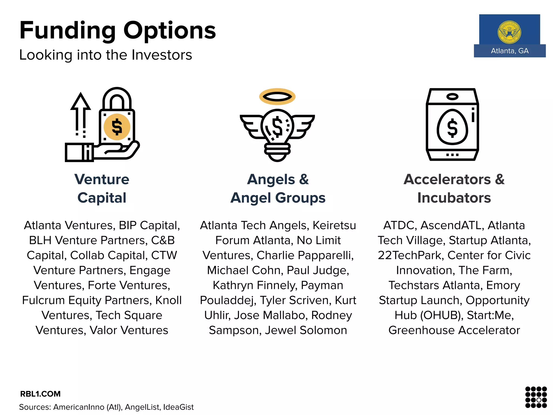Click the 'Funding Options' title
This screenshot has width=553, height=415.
[x=118, y=30]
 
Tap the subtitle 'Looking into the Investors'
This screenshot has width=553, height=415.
[x=106, y=55]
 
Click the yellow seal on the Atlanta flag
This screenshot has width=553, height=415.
[x=510, y=32]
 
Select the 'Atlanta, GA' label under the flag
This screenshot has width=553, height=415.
[x=510, y=51]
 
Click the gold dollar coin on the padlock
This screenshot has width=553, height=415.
[x=117, y=127]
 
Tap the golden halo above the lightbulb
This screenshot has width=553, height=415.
[x=277, y=96]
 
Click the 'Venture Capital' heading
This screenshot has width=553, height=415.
[x=102, y=188]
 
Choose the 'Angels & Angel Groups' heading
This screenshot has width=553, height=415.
[x=278, y=188]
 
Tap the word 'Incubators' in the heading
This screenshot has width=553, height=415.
[x=454, y=198]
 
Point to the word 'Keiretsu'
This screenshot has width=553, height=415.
[x=334, y=225]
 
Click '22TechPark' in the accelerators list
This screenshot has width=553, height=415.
[x=409, y=255]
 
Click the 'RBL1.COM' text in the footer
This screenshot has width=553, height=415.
[x=41, y=394]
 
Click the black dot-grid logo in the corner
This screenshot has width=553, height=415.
[x=536, y=397]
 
